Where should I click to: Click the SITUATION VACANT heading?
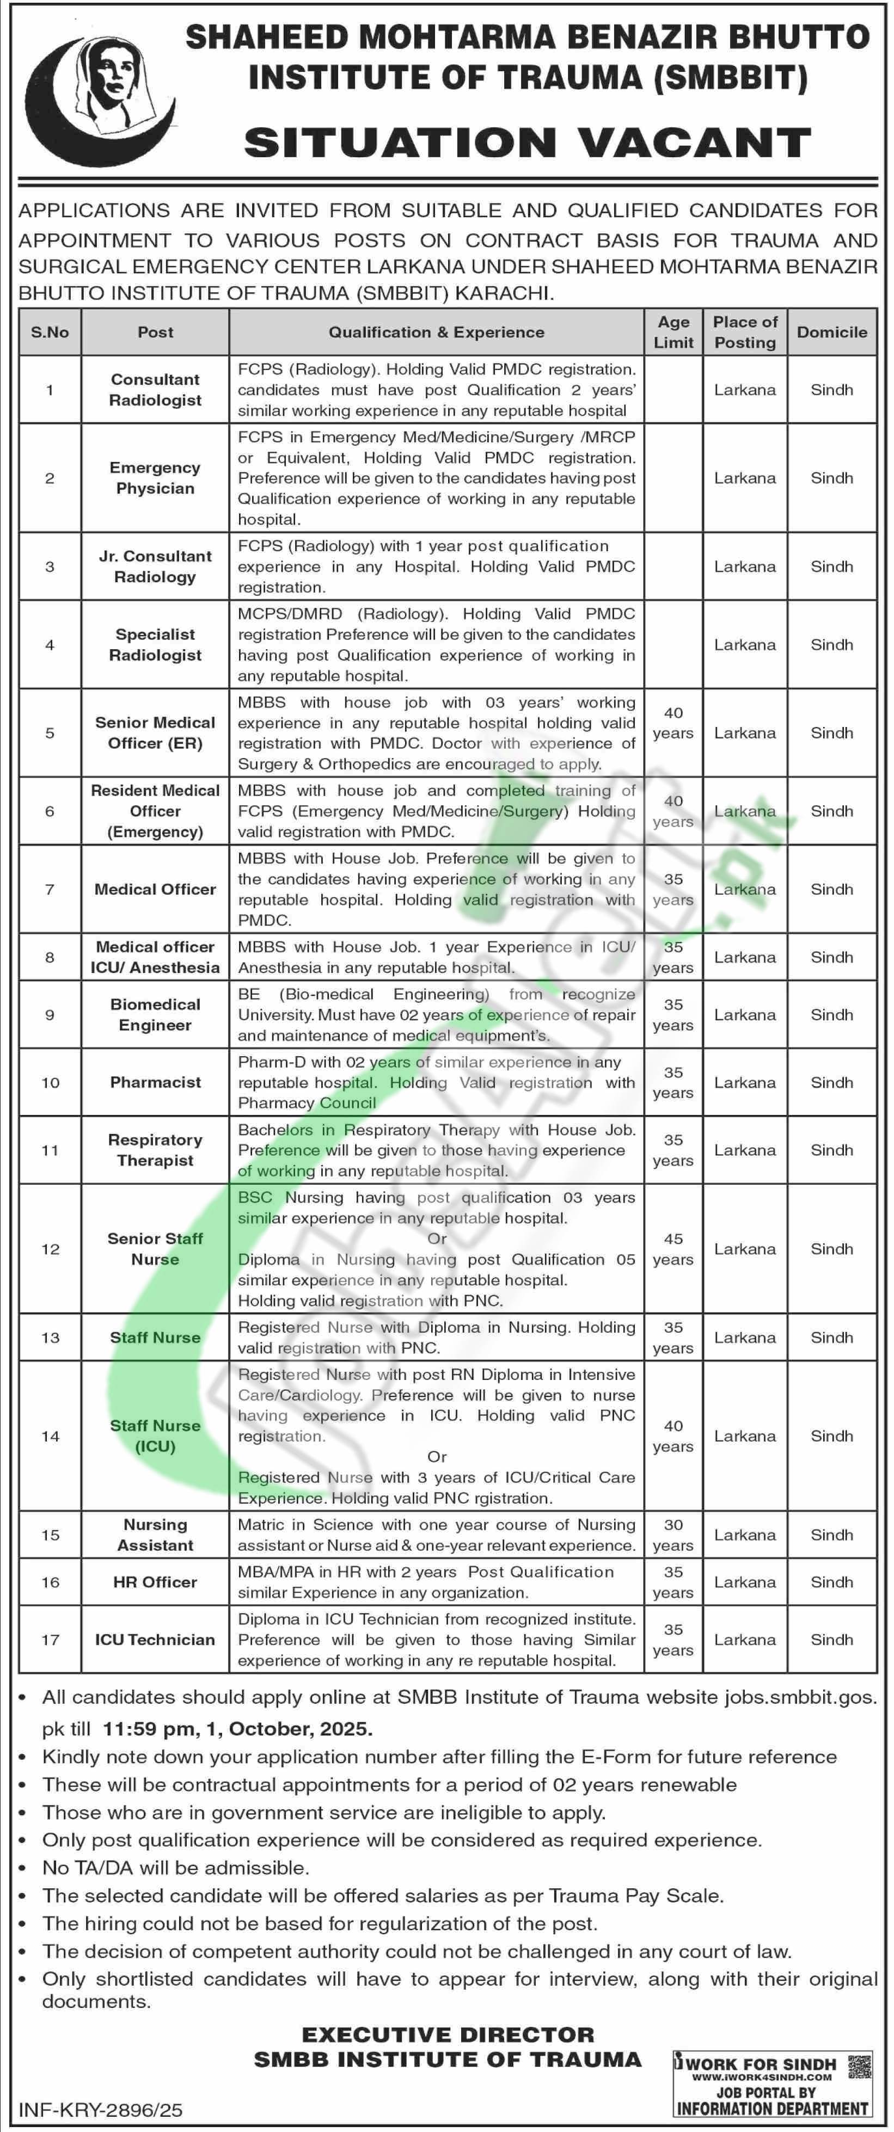coord(527,143)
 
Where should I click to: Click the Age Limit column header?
coord(673,332)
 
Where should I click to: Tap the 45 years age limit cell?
coord(673,1249)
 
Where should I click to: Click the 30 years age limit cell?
coord(673,1535)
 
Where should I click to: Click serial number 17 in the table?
coord(51,1640)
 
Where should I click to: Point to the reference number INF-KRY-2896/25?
coord(100,2110)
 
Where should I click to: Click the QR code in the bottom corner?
coord(860,2065)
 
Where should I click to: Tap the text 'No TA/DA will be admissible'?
coord(175,1868)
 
